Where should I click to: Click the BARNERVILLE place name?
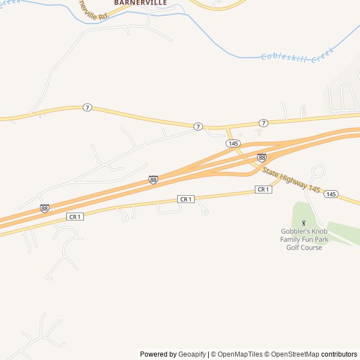(x=141, y=3)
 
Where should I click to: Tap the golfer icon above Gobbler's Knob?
(x=304, y=223)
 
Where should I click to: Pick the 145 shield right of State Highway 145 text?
(x=331, y=194)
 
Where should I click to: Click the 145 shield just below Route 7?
(x=233, y=143)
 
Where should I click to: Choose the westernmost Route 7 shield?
(x=87, y=107)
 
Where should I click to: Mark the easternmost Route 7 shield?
(x=263, y=123)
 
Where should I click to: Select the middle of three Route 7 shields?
(x=198, y=127)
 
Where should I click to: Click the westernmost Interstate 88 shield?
(x=44, y=209)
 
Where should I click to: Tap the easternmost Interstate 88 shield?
(x=262, y=158)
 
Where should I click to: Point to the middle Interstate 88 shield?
(x=153, y=179)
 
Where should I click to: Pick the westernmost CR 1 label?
(x=75, y=217)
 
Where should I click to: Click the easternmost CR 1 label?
(x=263, y=190)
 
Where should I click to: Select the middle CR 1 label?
(x=186, y=199)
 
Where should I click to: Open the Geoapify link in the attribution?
(x=192, y=354)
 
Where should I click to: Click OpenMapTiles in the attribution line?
(x=240, y=354)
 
